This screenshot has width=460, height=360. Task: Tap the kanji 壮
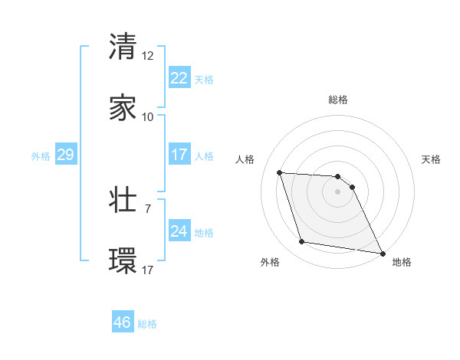click(x=123, y=200)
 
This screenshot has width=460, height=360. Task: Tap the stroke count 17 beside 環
click(x=148, y=270)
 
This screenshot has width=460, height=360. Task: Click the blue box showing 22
click(x=179, y=78)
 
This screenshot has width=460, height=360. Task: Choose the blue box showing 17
click(x=179, y=155)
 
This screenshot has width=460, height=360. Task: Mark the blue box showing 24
click(x=179, y=232)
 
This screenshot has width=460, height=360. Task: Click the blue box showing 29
click(x=65, y=155)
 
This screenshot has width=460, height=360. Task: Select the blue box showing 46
click(x=123, y=323)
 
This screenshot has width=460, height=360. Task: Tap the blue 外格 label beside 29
click(x=41, y=156)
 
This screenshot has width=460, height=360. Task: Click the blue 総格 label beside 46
click(x=147, y=324)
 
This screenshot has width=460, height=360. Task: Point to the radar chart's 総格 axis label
click(x=338, y=100)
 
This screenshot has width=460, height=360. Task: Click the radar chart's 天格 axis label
click(x=432, y=159)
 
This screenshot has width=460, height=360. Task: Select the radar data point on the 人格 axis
click(x=280, y=172)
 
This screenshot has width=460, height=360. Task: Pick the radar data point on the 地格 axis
click(x=382, y=253)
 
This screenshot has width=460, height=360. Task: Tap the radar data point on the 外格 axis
click(x=301, y=242)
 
